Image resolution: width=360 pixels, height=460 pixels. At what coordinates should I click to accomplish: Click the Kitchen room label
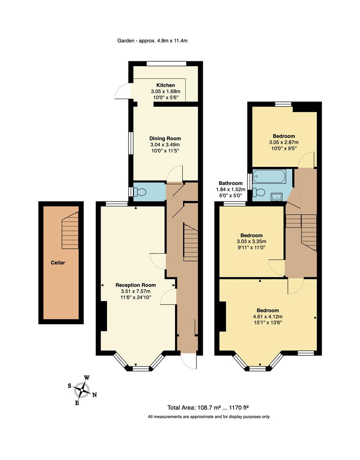pyautogui.click(x=165, y=85)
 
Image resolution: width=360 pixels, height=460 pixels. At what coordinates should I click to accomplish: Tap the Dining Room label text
pyautogui.click(x=165, y=138)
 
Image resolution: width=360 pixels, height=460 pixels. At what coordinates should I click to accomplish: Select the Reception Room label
pyautogui.click(x=135, y=285)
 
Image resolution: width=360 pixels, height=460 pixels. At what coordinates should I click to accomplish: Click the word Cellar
pyautogui.click(x=58, y=263)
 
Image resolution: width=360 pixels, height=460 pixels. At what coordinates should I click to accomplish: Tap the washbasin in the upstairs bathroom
pyautogui.click(x=276, y=196)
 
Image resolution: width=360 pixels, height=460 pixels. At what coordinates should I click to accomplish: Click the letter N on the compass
pyautogui.click(x=95, y=395)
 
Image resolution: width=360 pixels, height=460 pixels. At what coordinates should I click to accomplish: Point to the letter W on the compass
pyautogui.click(x=86, y=378)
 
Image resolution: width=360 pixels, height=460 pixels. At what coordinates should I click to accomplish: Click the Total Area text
pyautogui.click(x=208, y=407)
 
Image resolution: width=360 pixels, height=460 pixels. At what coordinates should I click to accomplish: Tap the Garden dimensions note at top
pyautogui.click(x=153, y=41)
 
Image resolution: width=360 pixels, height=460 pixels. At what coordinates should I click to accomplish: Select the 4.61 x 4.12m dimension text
pyautogui.click(x=268, y=316)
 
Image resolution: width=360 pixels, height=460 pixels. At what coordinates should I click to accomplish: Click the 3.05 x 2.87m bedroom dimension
pyautogui.click(x=284, y=142)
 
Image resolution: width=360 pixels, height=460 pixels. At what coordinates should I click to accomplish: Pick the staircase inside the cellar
pyautogui.click(x=70, y=230)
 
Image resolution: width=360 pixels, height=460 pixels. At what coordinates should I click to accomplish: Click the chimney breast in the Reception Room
pyautogui.click(x=102, y=316)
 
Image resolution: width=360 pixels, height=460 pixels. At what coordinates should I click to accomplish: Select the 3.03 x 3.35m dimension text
pyautogui.click(x=251, y=241)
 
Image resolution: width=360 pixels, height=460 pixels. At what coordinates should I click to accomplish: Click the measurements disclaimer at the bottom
pyautogui.click(x=208, y=417)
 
